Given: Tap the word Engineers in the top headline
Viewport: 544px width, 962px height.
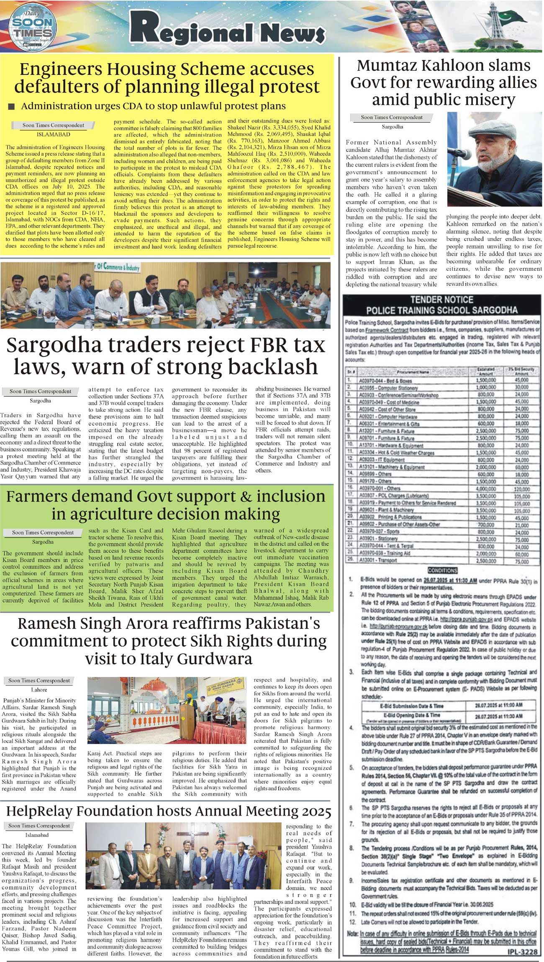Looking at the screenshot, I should (x=58, y=69).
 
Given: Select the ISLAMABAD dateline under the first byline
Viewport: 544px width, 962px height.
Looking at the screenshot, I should (x=53, y=135).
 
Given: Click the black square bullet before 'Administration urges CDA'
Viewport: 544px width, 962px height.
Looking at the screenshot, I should (x=11, y=107).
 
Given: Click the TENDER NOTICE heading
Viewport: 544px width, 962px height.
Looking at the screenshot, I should (x=441, y=300).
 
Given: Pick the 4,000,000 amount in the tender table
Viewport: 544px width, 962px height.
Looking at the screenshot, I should (x=485, y=488).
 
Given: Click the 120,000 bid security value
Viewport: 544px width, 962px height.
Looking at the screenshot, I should (x=521, y=488).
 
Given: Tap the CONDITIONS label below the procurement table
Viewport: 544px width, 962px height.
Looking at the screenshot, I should (x=442, y=570).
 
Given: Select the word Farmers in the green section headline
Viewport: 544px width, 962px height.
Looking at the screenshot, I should (x=38, y=496).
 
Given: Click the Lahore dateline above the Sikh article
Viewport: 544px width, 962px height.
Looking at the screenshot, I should (x=39, y=690).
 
